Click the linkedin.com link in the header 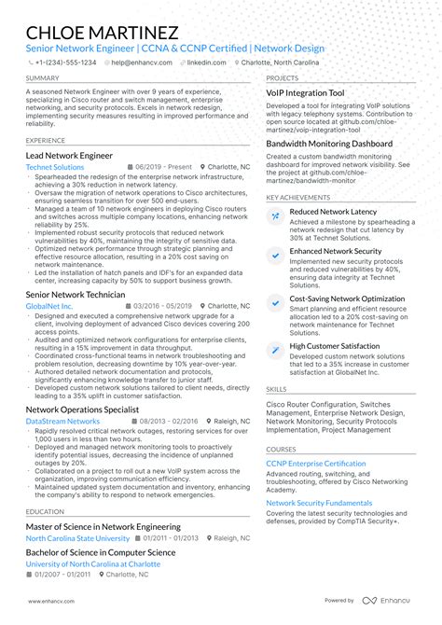click(205, 62)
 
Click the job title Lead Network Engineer click(69, 155)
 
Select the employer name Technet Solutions click(55, 167)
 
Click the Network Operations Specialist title click(82, 409)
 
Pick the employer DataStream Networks click(62, 421)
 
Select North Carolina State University click(77, 538)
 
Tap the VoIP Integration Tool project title click(305, 93)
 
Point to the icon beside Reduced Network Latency click(275, 215)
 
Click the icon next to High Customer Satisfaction click(275, 349)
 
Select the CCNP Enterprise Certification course click(315, 464)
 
